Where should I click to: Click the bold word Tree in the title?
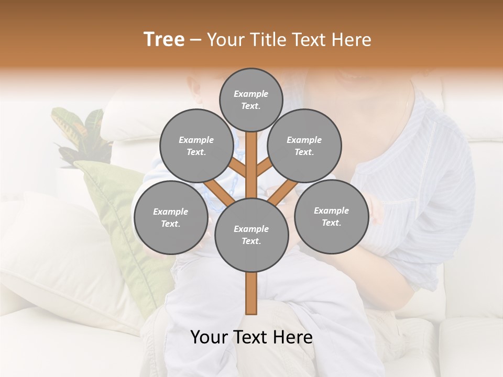click(164, 40)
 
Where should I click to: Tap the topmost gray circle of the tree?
click(251, 99)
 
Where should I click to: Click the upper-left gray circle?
click(196, 146)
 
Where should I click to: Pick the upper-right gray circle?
click(304, 146)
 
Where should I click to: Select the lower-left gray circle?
click(170, 217)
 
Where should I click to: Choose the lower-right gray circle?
click(331, 216)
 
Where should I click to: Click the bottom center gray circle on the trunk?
click(251, 235)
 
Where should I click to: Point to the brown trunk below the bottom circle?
click(251, 293)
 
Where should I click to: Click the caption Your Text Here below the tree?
click(251, 337)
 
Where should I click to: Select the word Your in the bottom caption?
click(208, 337)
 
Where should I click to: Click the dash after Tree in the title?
click(195, 40)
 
